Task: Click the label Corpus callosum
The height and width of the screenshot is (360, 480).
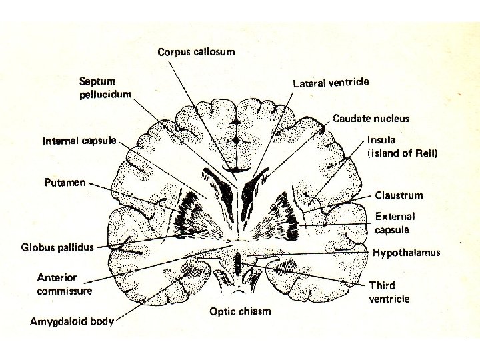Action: coord(196,51)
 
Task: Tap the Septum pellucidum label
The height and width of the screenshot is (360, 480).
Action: coord(105,87)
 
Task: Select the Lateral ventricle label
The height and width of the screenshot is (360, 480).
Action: coord(331,83)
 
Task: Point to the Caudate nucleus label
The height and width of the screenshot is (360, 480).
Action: coord(371,119)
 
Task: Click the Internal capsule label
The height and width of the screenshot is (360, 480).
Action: coord(79,141)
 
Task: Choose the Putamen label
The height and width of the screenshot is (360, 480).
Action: coord(65,182)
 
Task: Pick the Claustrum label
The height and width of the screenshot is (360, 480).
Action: coord(399,195)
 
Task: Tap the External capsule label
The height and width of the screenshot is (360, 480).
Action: coord(395,223)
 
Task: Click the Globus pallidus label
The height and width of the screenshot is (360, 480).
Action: coord(57,248)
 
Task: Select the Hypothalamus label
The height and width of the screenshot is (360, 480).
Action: coord(406,253)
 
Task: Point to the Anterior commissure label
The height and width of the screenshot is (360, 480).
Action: coord(64,284)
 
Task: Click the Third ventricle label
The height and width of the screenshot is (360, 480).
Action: coord(389,292)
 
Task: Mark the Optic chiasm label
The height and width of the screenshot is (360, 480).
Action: coord(240,311)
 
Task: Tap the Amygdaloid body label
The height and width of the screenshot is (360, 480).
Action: coord(72,321)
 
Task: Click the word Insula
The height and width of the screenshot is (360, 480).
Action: coord(381,140)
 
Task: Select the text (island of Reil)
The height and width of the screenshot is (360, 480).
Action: coord(403,153)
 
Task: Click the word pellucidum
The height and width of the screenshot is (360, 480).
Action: coord(105,93)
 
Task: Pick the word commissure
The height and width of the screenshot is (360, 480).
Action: coord(64,291)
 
